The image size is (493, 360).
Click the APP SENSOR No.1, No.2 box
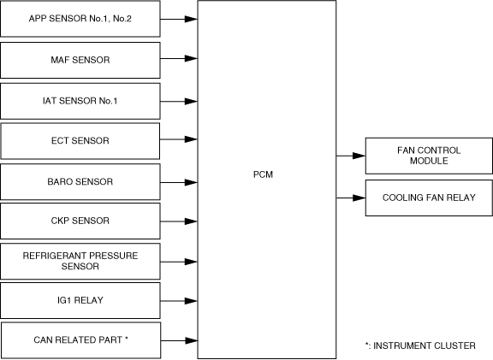[80, 19]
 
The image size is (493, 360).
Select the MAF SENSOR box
[80, 60]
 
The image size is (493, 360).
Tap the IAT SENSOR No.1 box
[80, 101]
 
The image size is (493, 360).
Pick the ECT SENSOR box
[80, 141]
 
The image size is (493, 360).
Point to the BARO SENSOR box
[80, 181]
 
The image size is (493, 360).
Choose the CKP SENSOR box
[80, 221]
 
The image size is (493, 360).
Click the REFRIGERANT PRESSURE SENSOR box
[80, 262]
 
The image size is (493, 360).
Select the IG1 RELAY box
[80, 301]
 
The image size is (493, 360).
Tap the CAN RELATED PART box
[80, 340]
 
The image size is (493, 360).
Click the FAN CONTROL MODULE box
[429, 156]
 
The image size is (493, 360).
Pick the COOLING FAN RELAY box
[429, 198]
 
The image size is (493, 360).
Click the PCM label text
[263, 174]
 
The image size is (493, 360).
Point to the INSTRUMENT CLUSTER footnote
[420, 345]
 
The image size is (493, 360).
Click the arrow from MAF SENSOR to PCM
[179, 58]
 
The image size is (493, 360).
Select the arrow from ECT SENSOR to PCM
[179, 139]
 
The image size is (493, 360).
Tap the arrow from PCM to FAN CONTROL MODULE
[351, 156]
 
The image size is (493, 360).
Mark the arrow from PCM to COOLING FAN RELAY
[351, 198]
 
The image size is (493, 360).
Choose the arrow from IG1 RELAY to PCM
[179, 301]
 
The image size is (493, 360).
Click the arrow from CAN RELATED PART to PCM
[179, 340]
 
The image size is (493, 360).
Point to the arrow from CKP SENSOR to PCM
[179, 221]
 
